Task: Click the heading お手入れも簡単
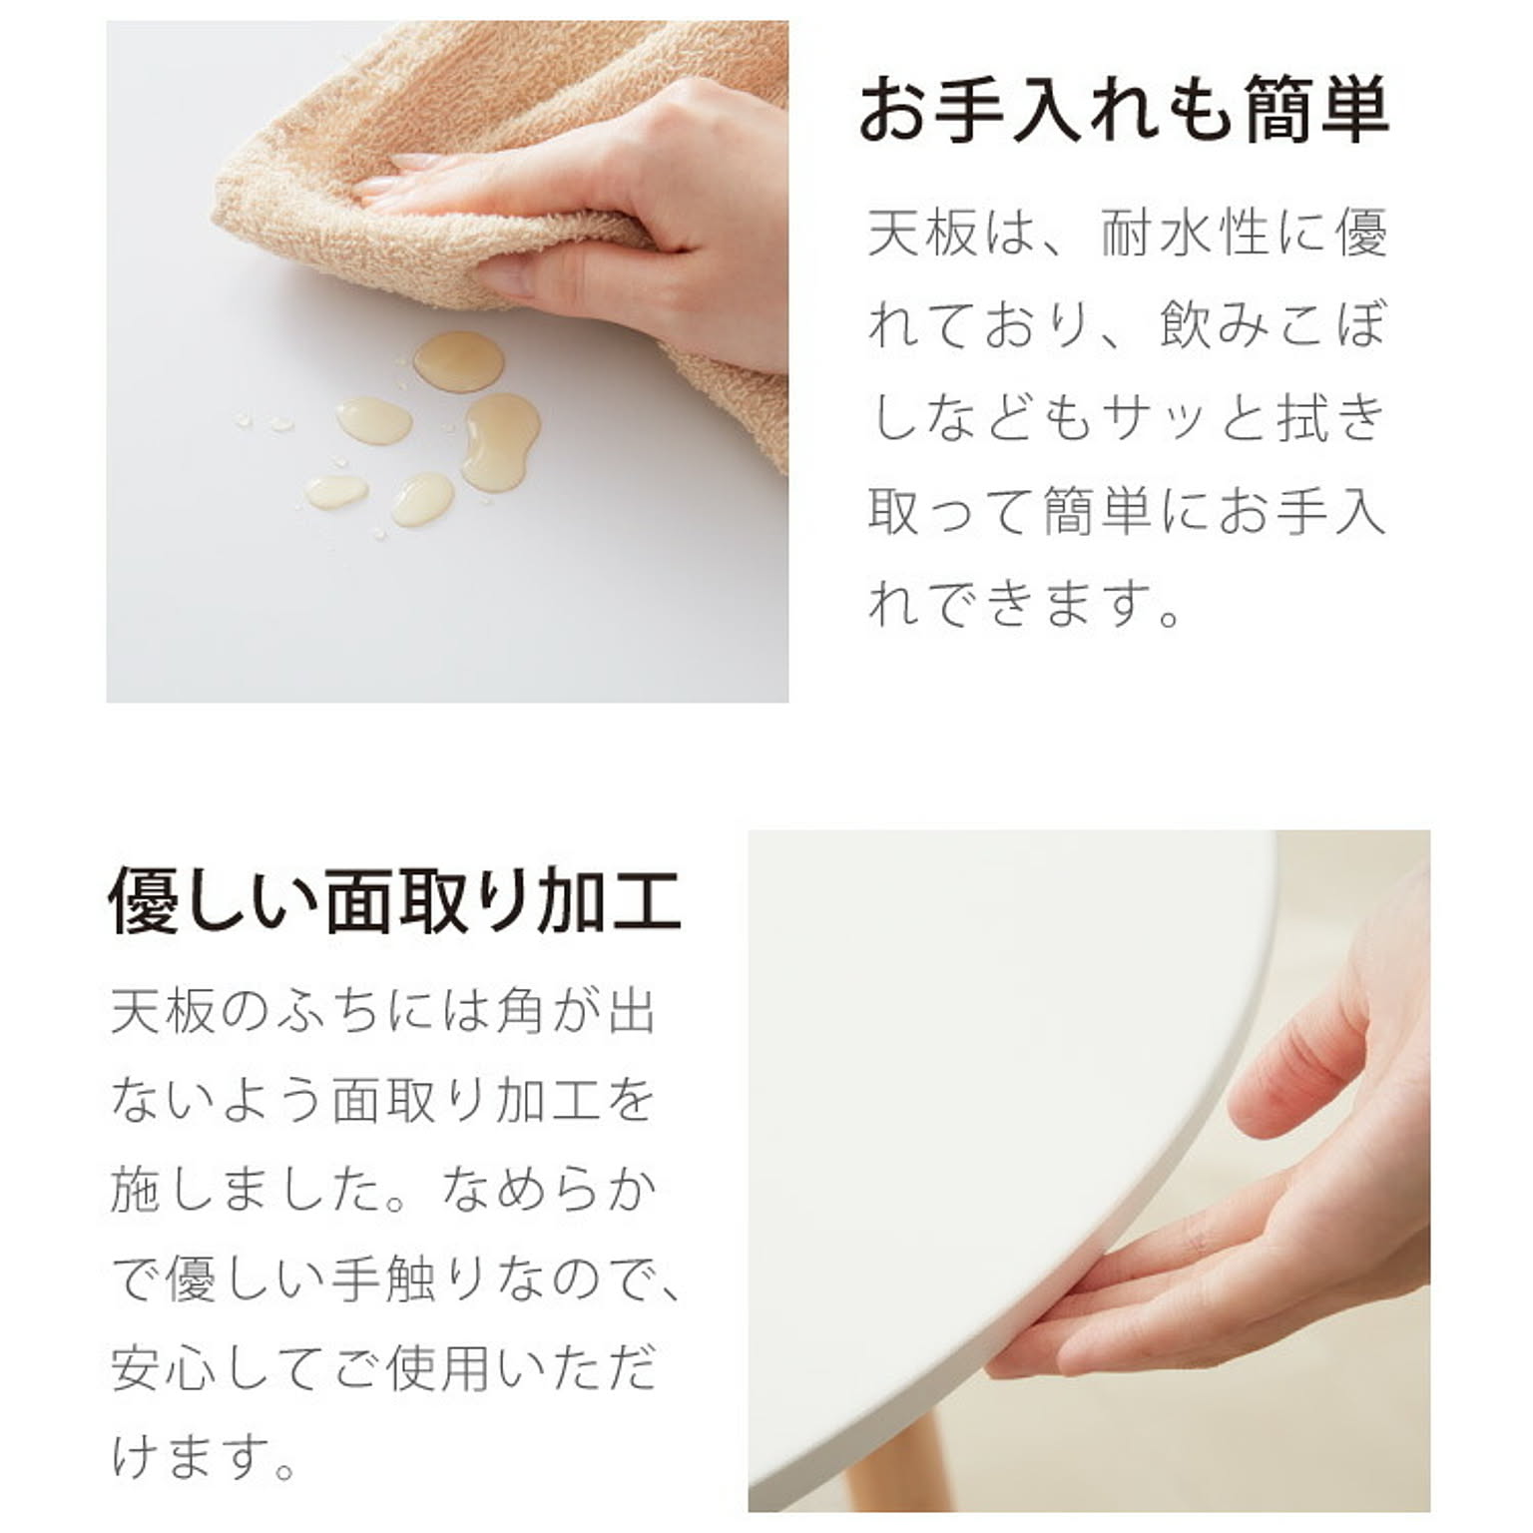(x=1124, y=109)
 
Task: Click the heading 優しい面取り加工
(x=394, y=901)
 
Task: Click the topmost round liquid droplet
(x=458, y=361)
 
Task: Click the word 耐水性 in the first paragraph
(x=1184, y=233)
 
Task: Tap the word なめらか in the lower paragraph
(x=550, y=1190)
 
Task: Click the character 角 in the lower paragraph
(x=519, y=1011)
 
